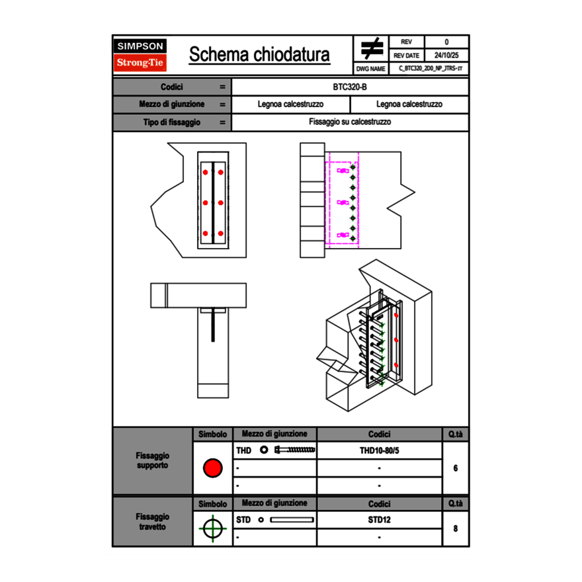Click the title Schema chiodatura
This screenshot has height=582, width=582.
[x=259, y=55]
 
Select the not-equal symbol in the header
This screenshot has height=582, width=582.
[x=372, y=48]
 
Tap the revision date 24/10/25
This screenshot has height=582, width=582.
[x=446, y=56]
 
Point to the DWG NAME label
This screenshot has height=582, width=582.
[x=371, y=69]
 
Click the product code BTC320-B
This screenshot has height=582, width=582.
[x=350, y=87]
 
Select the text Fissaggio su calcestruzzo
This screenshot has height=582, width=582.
[x=350, y=122]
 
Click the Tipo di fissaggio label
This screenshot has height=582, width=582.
[x=172, y=122]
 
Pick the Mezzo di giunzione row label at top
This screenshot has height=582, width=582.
[x=172, y=104]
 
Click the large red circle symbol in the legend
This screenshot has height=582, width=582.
[x=212, y=468]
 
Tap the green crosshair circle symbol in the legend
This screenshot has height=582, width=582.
[x=212, y=528]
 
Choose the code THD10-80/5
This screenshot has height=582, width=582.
[x=379, y=450]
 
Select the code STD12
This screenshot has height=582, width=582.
[x=379, y=520]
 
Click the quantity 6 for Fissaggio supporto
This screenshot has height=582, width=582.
[x=456, y=468]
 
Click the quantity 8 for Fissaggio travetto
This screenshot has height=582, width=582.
[x=456, y=528]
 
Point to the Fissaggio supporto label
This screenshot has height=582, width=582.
[x=152, y=460]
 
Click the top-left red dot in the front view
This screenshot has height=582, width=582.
[x=205, y=173]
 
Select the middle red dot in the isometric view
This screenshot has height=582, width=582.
[x=395, y=340]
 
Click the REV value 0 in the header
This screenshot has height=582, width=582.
[x=446, y=42]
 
